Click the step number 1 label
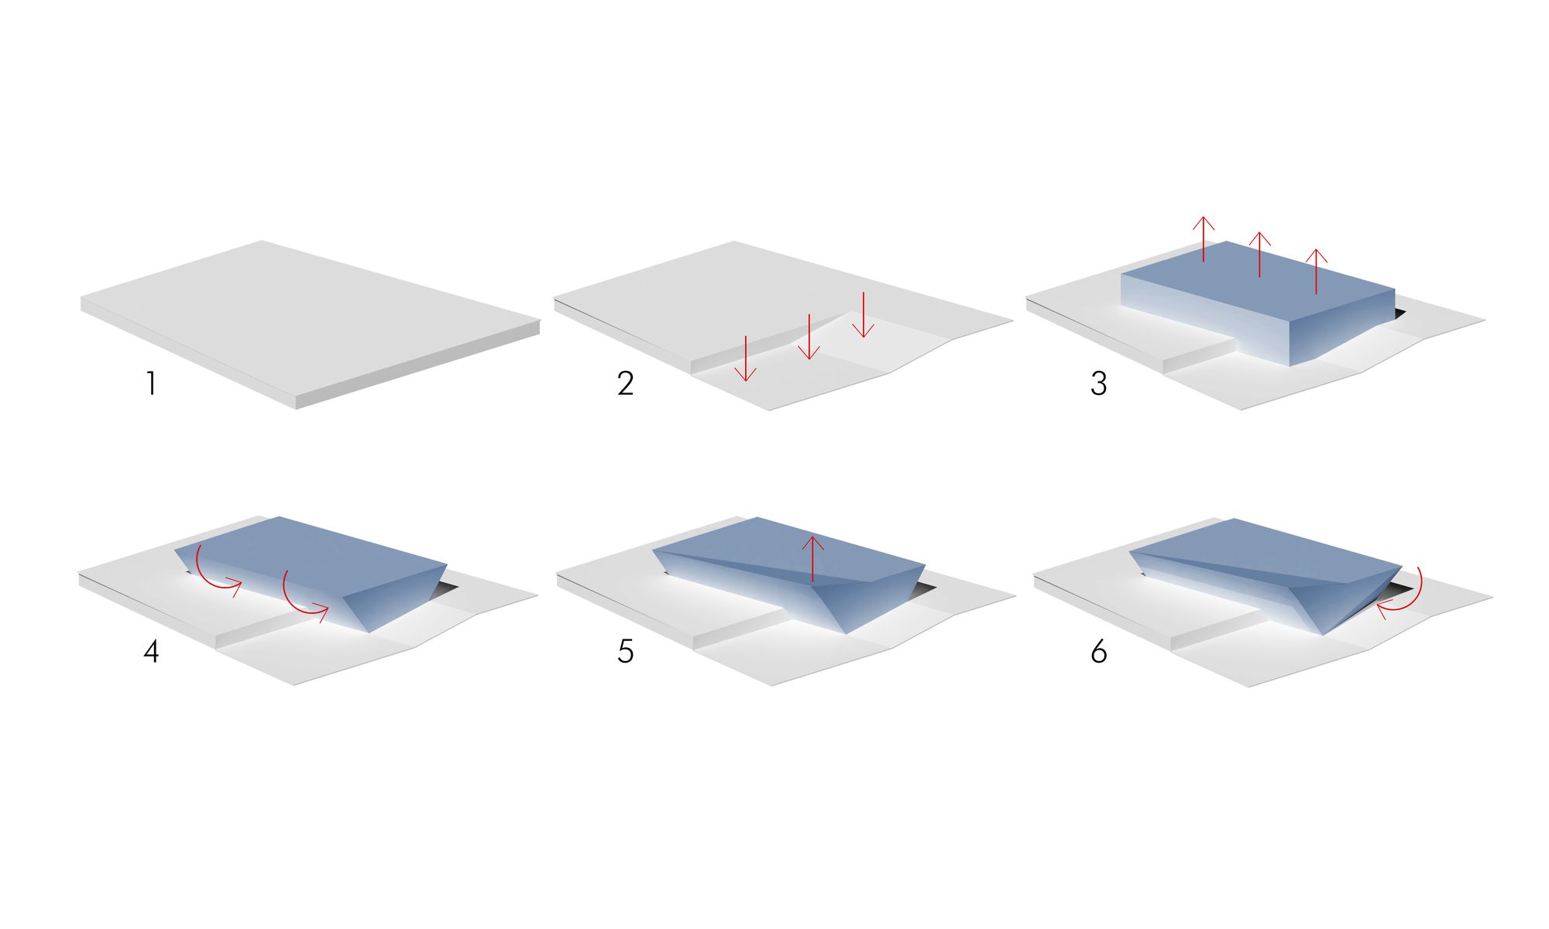click(152, 383)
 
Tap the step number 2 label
click(626, 383)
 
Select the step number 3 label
click(1098, 383)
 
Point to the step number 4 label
click(151, 651)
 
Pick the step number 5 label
click(626, 651)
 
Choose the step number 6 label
click(1098, 651)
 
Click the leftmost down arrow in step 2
click(745, 358)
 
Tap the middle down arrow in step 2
click(809, 337)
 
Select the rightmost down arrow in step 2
click(863, 314)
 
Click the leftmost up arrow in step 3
click(1204, 239)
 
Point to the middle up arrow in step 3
click(1260, 254)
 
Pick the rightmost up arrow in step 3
click(1316, 271)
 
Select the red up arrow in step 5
click(812, 558)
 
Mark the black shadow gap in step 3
click(1399, 313)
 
